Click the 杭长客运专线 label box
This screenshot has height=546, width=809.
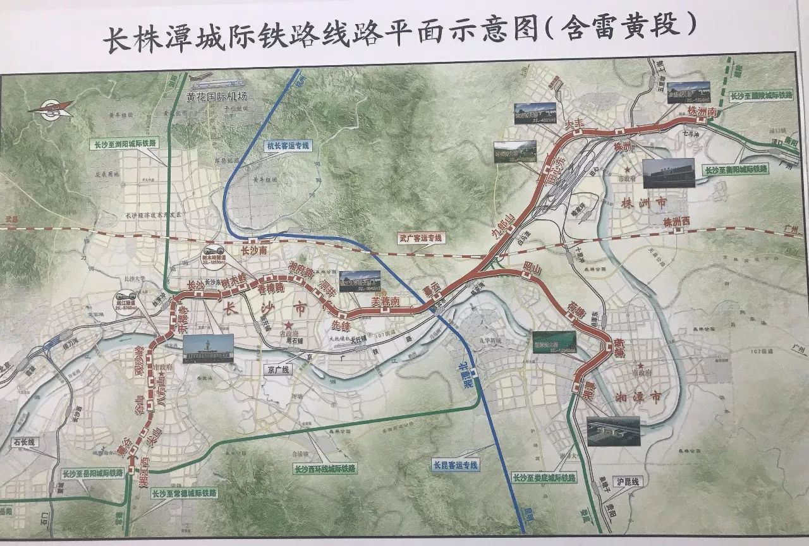287,145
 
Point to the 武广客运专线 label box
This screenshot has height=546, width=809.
422,238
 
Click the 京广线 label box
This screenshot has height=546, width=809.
276,370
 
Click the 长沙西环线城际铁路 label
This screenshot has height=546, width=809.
325,469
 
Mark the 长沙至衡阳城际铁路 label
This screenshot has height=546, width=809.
736,169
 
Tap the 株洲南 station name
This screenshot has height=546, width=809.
703,112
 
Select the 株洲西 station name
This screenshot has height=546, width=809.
676,222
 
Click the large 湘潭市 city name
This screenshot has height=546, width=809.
638,397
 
